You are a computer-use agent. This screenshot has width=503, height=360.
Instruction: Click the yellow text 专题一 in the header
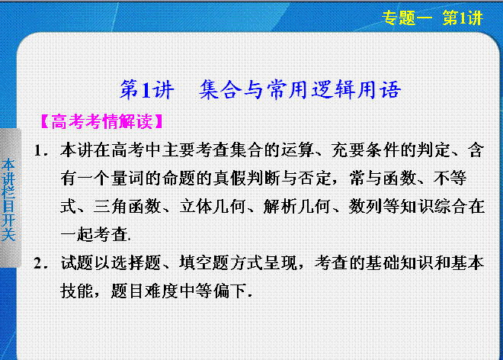(408, 18)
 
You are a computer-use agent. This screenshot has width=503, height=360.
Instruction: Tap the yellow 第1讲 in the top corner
(463, 18)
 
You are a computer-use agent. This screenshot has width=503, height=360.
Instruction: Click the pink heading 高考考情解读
(102, 122)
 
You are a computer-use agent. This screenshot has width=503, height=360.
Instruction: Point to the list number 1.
(41, 151)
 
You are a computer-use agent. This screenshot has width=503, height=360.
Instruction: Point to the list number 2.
(41, 264)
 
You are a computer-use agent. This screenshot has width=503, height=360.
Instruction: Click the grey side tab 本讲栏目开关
(8, 200)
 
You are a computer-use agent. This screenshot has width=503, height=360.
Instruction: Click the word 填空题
(204, 263)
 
